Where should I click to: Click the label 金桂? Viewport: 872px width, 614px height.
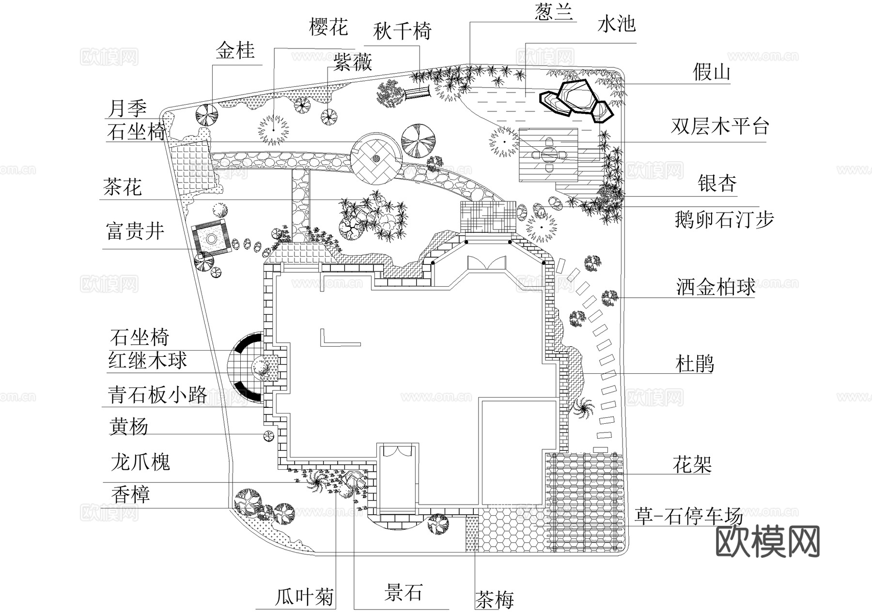[235, 50]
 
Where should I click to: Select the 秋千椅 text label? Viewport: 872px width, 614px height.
[402, 32]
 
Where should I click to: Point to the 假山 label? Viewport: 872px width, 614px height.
[711, 73]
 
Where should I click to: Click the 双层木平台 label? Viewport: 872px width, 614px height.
[720, 126]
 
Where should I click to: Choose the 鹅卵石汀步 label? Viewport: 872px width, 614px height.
[724, 219]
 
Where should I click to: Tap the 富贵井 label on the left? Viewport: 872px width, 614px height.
[135, 231]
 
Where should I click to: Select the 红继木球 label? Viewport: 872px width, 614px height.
[147, 361]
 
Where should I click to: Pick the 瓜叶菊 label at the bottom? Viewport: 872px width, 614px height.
[305, 598]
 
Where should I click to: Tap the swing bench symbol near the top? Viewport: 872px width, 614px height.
[417, 92]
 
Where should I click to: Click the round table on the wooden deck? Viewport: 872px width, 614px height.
[549, 155]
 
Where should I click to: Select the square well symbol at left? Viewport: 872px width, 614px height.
[211, 238]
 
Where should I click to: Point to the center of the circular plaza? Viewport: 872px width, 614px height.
[376, 158]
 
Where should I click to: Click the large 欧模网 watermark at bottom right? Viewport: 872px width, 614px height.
[767, 541]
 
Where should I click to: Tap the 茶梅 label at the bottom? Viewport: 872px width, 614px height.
[495, 600]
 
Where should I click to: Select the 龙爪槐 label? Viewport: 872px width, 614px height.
[140, 462]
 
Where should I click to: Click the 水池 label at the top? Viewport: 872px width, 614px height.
[616, 24]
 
